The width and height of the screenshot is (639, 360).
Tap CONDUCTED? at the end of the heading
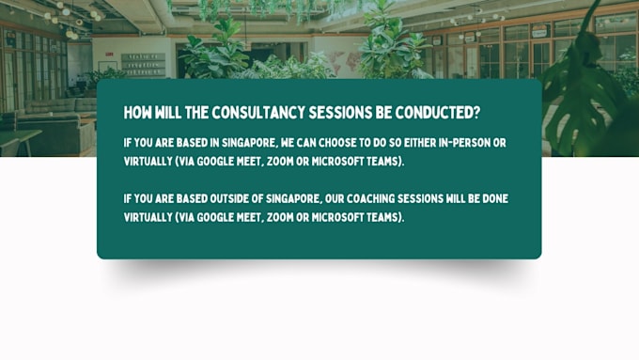click(438, 113)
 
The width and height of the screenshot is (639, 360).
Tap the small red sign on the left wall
click(109, 54)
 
